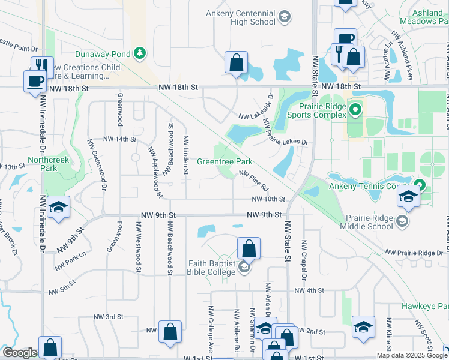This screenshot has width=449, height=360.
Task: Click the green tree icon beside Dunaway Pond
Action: [140, 53]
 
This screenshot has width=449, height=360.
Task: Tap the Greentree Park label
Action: [224, 162]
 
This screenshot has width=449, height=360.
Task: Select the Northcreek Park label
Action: [48, 164]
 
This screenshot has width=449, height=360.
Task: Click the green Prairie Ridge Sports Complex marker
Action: [355, 110]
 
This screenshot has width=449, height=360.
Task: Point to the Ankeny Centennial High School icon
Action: [285, 17]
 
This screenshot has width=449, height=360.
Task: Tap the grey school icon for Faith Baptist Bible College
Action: [243, 268]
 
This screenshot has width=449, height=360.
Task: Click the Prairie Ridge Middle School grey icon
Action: [402, 222]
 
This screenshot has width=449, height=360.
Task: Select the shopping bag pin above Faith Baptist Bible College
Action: [249, 248]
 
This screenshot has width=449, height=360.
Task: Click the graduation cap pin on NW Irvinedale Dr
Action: [58, 208]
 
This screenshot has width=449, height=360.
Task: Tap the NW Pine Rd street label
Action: [253, 178]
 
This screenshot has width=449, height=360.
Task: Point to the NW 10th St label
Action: [268, 199]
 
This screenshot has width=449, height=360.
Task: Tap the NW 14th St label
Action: [120, 139]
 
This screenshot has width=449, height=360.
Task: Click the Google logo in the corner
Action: [20, 353]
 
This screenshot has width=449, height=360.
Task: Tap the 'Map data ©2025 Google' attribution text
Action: [411, 355]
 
